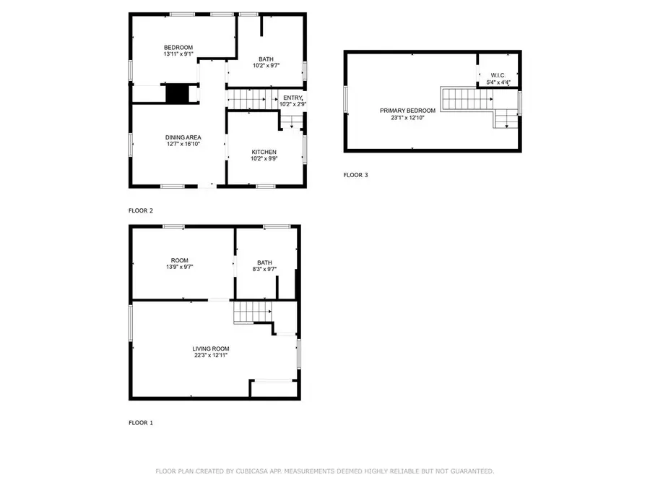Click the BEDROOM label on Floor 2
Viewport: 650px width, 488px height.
[178, 48]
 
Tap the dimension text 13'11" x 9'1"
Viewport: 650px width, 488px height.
[178, 54]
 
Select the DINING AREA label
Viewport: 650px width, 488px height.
[183, 137]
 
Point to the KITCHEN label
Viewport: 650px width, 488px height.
[264, 153]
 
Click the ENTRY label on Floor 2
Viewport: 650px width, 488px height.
[293, 98]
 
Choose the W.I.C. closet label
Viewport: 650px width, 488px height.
[498, 75]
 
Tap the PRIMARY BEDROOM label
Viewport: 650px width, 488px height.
[407, 111]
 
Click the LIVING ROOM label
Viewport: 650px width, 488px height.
[211, 349]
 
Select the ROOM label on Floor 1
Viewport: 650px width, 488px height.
[180, 260]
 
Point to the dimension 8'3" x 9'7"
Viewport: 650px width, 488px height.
[264, 270]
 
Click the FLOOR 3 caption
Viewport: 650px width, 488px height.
[355, 175]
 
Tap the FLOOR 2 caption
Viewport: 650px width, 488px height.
[141, 211]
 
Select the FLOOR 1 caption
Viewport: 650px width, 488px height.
[141, 423]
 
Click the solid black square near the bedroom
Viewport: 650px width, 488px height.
[178, 93]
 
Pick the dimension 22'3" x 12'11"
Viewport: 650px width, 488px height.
[211, 355]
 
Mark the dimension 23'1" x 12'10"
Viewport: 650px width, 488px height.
[407, 118]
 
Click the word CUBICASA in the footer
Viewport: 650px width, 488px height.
[252, 471]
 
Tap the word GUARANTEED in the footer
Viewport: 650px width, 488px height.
[472, 471]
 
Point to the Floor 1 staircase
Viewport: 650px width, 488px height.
[253, 312]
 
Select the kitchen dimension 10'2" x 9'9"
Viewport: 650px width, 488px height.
[264, 158]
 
